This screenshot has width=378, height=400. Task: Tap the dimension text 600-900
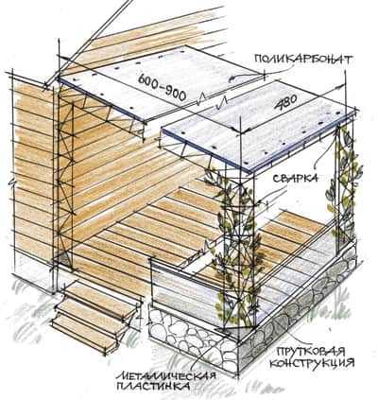pyautogui.click(x=163, y=86)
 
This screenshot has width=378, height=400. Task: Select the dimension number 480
pyautogui.click(x=285, y=103)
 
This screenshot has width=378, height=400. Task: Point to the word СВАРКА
pyautogui.click(x=294, y=179)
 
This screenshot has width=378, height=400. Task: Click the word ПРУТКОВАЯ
pyautogui.click(x=310, y=352)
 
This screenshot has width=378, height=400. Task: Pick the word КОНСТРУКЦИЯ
pyautogui.click(x=312, y=363)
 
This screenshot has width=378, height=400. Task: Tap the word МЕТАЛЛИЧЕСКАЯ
pyautogui.click(x=165, y=375)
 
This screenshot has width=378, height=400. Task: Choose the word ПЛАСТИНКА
pyautogui.click(x=153, y=386)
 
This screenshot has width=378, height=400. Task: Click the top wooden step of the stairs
pyautogui.click(x=100, y=295)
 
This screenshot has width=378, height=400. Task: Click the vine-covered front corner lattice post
pyautogui.click(x=238, y=249)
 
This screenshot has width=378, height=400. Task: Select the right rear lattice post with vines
pyautogui.click(x=344, y=189)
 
